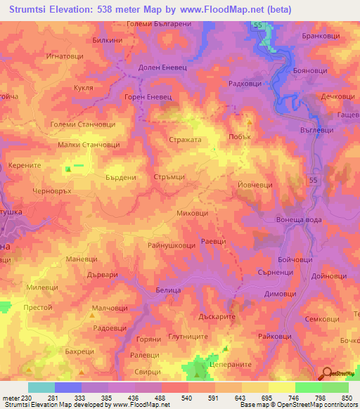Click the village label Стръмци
[169, 178]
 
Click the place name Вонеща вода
[298, 220]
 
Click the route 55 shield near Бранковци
[259, 25]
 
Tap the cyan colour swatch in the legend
[41, 387]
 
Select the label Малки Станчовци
[89, 145]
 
